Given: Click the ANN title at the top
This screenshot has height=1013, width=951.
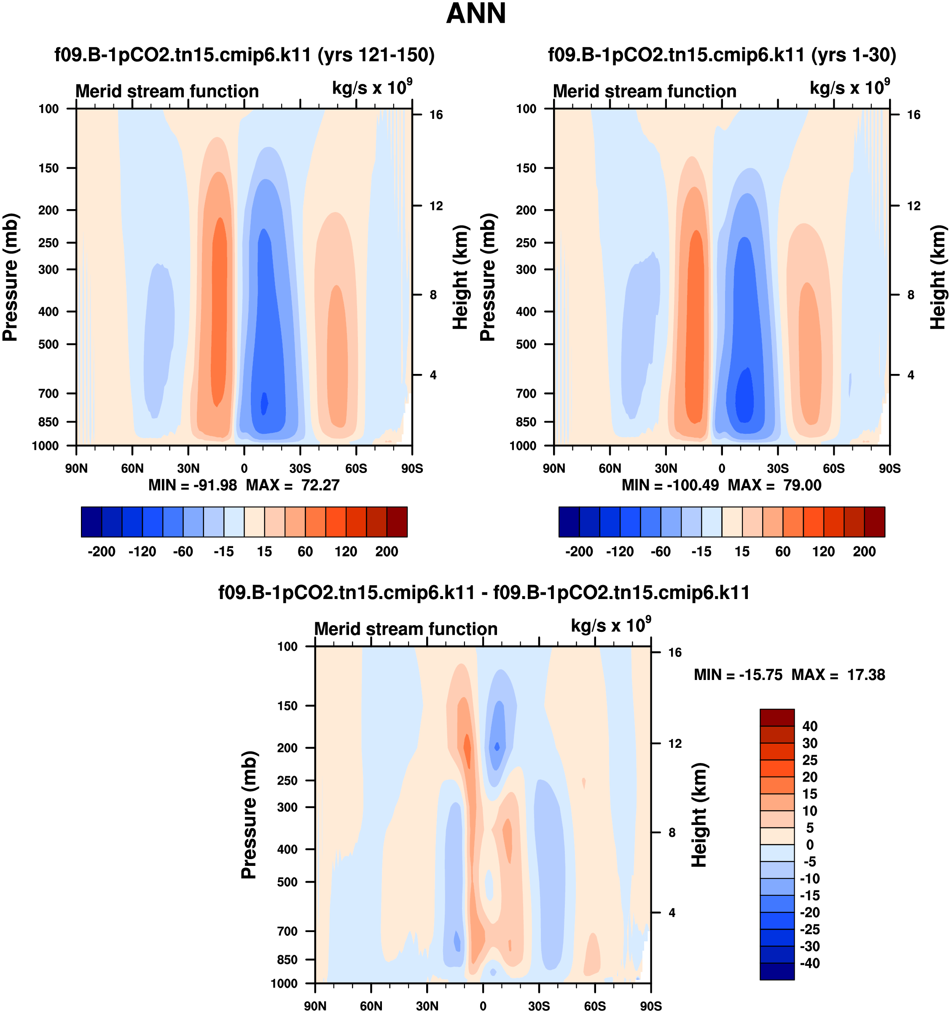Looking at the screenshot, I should tap(475, 14).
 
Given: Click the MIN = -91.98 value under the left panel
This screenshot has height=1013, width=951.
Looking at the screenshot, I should tap(193, 485).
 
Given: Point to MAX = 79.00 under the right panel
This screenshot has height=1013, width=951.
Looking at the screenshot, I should tap(775, 485).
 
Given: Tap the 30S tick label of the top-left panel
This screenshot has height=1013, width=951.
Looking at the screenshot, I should tap(300, 468).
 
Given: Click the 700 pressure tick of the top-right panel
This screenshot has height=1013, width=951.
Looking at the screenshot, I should tap(527, 393).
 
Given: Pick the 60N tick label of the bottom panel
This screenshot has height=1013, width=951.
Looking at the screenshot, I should tap(371, 1006).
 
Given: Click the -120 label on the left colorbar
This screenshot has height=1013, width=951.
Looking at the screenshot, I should tap(142, 551).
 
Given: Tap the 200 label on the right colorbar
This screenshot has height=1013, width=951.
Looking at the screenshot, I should tap(864, 551).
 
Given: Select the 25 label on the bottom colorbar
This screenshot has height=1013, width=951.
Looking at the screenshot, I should tap(810, 760).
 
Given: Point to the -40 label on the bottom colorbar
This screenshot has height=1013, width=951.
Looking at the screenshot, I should tap(810, 964).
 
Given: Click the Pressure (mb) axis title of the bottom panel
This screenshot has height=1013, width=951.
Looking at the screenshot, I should tap(249, 815).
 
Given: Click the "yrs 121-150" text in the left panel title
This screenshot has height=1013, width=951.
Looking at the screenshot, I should tap(376, 54).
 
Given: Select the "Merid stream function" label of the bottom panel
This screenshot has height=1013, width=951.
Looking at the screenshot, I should tap(406, 629).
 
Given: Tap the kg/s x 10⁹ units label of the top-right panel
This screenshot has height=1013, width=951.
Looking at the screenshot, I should tap(849, 87).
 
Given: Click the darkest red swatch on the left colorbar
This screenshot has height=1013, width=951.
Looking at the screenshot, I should tap(397, 522).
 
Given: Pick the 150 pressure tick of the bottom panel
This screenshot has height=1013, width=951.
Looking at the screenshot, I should tap(287, 706).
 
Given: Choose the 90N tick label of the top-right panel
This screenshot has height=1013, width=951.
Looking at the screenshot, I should tap(553, 468).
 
